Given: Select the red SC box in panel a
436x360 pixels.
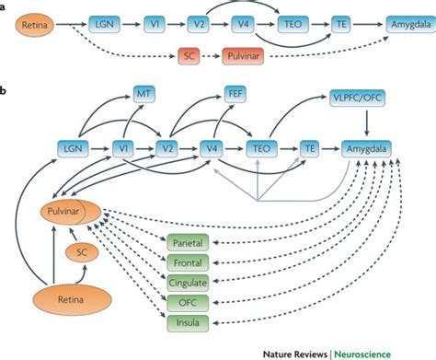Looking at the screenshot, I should pyautogui.click(x=191, y=57).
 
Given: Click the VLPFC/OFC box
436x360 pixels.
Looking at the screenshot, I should pyautogui.click(x=365, y=97).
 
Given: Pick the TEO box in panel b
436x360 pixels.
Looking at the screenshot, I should pyautogui.click(x=259, y=145).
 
